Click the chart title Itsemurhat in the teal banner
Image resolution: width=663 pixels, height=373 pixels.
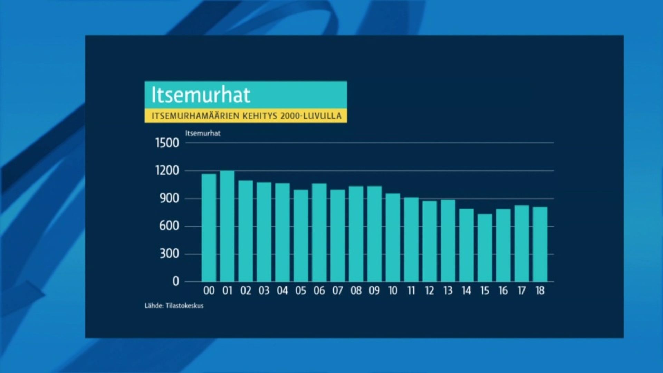(x=201, y=95)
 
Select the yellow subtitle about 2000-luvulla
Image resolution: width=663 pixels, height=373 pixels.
(x=247, y=116)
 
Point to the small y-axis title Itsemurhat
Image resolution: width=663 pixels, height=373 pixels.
(x=203, y=133)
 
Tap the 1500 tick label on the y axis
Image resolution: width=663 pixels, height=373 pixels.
(x=167, y=143)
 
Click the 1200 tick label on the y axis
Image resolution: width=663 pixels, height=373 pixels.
(x=167, y=171)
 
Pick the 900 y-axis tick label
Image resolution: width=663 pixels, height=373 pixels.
(x=169, y=199)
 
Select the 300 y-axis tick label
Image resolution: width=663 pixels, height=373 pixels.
(x=169, y=254)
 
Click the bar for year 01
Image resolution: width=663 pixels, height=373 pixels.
(x=227, y=226)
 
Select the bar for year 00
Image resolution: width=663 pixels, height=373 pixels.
(x=209, y=228)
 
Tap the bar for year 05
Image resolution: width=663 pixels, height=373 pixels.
(x=301, y=236)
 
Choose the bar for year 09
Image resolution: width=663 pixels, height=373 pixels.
(x=374, y=234)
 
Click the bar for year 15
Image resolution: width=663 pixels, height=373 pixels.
(x=485, y=248)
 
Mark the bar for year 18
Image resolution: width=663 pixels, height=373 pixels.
(x=540, y=244)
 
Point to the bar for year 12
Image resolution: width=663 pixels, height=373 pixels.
(x=430, y=241)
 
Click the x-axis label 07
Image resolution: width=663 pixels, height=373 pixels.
(x=338, y=291)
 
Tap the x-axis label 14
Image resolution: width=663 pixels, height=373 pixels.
(x=467, y=291)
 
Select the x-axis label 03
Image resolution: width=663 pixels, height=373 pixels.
(x=264, y=291)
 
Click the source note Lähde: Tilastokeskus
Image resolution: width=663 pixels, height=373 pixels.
(x=174, y=306)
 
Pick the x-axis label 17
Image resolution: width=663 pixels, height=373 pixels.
(x=521, y=291)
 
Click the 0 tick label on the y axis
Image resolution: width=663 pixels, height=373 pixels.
(x=176, y=281)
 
